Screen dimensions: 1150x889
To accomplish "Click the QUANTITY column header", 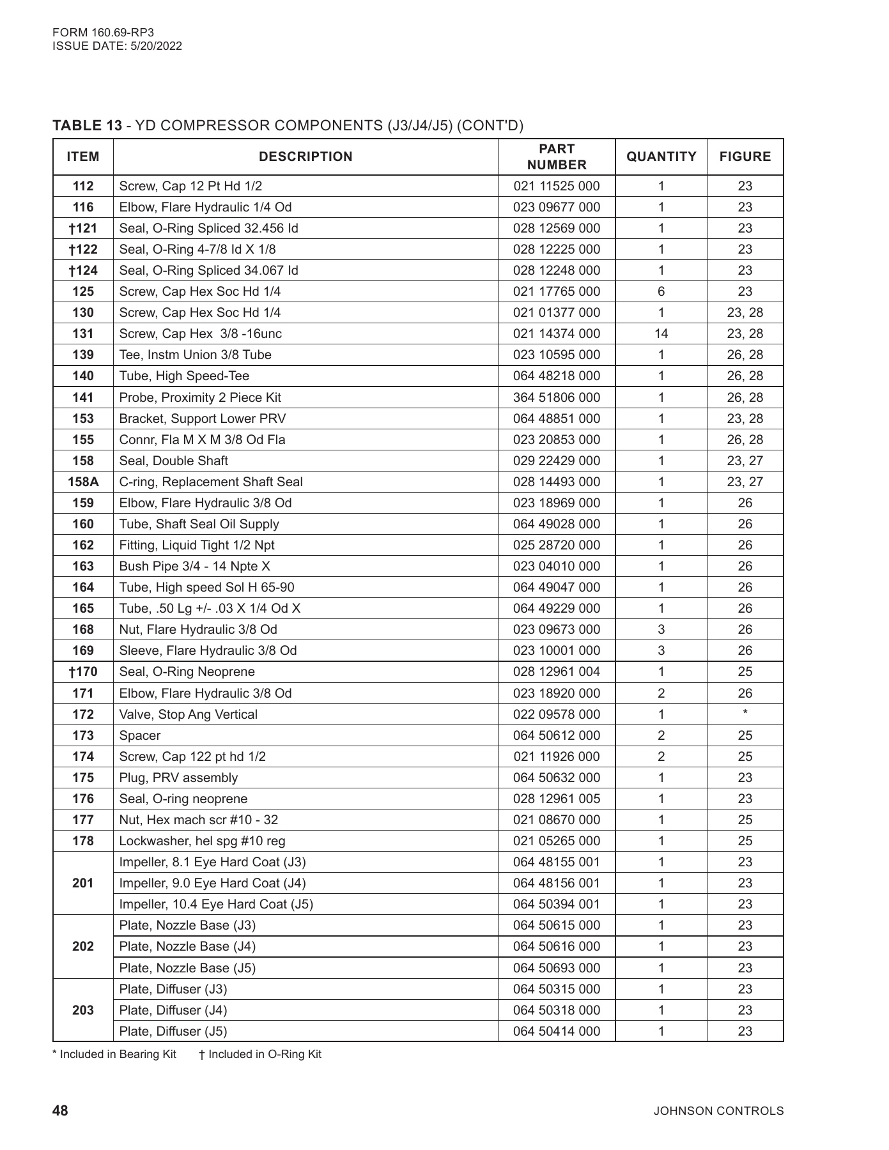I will click(x=661, y=157).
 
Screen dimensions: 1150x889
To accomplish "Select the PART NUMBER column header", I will click(x=556, y=157).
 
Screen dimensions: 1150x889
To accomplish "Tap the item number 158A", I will click(x=83, y=482).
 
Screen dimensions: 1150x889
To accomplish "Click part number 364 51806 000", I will click(x=556, y=397).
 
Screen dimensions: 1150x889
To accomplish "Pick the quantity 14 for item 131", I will click(x=661, y=333).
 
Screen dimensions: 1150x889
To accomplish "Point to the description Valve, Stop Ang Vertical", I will click(x=188, y=714).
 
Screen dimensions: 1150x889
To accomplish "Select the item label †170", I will click(x=83, y=671).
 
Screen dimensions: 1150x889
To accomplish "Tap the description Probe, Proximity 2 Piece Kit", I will click(x=200, y=397).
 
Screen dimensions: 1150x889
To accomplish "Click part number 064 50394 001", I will click(x=556, y=904).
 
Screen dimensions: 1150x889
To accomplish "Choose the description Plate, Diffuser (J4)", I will click(x=173, y=1010).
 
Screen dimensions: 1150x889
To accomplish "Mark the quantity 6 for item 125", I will click(x=661, y=291).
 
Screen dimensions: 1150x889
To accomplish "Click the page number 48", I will click(x=60, y=1110).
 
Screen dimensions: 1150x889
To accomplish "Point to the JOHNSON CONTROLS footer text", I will click(x=718, y=1111).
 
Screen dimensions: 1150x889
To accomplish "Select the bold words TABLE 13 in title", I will click(x=87, y=125).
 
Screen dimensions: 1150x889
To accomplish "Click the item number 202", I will click(x=83, y=946).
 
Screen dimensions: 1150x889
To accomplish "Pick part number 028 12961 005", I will click(x=556, y=799).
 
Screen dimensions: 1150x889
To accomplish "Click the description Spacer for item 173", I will click(x=139, y=735).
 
